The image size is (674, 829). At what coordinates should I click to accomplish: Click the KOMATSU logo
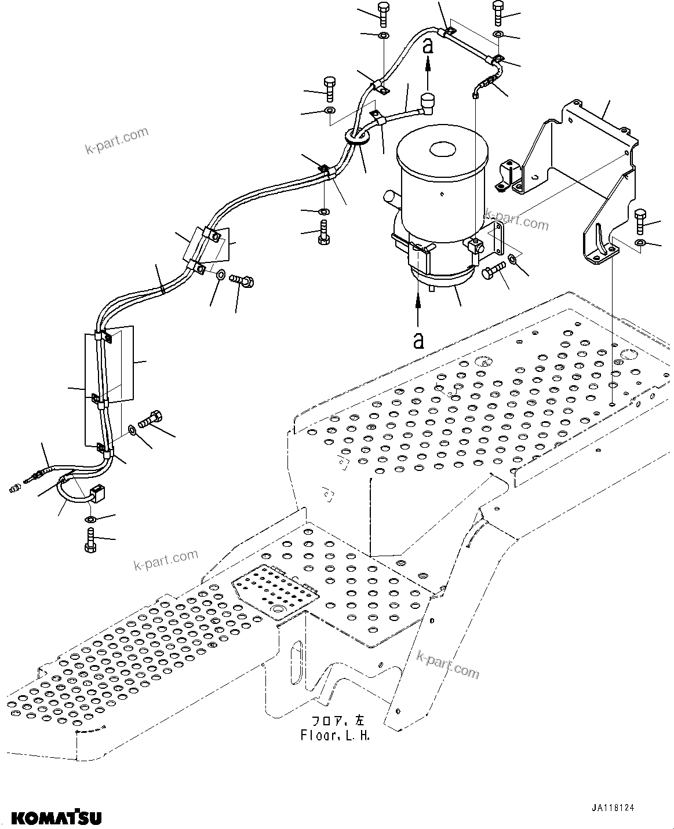57,817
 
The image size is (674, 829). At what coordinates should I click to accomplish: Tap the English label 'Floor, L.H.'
335,736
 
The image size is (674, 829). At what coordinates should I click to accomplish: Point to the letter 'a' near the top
428,46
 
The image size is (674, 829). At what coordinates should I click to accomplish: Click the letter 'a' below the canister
418,341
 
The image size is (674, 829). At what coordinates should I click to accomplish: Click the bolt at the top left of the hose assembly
383,14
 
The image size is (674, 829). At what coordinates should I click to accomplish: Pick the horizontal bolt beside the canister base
493,270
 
